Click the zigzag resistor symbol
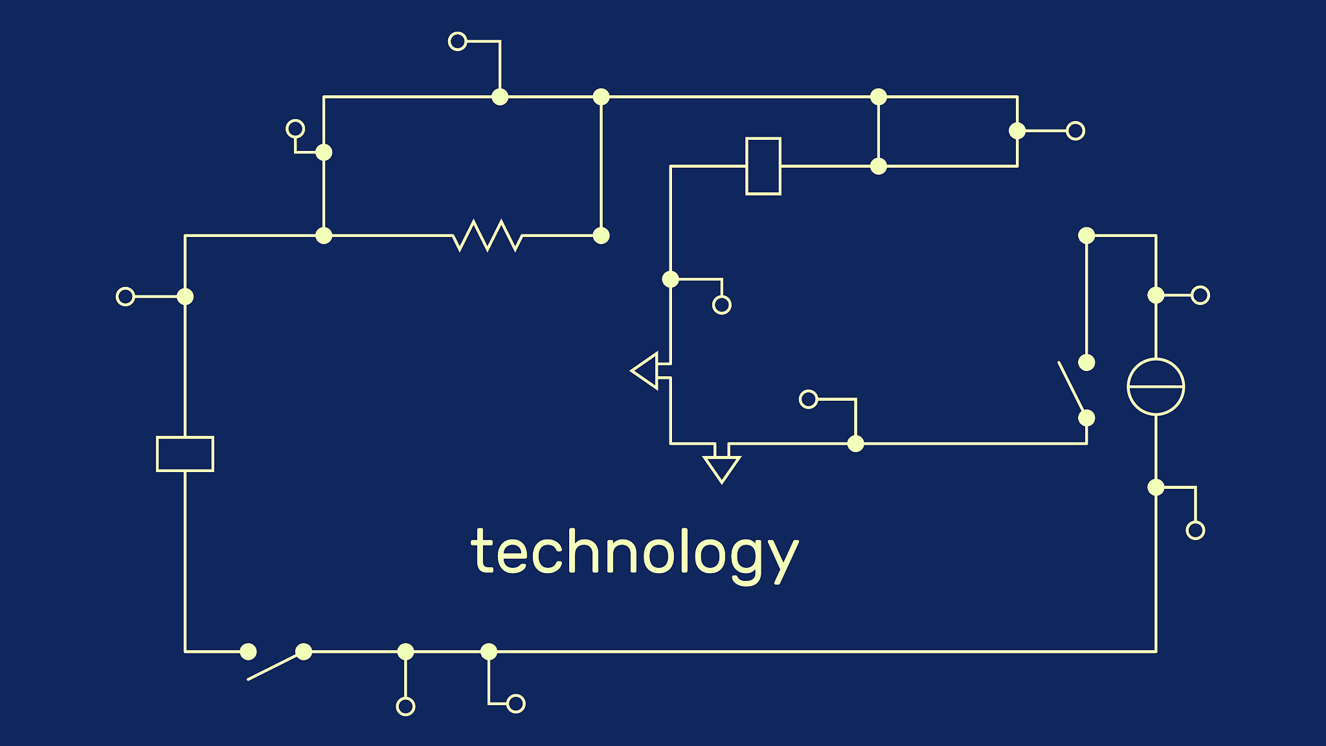(487, 236)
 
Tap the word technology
(635, 552)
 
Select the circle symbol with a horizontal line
(1156, 387)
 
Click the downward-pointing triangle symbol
(721, 466)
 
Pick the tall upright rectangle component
(763, 166)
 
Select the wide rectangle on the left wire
(185, 454)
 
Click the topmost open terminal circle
(458, 41)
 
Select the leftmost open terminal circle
(126, 297)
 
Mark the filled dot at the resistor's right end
(601, 236)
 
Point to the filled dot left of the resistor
(324, 236)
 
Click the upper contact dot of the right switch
(1086, 363)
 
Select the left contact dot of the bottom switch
(249, 651)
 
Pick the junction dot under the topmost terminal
(500, 97)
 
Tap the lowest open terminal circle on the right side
(1195, 530)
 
